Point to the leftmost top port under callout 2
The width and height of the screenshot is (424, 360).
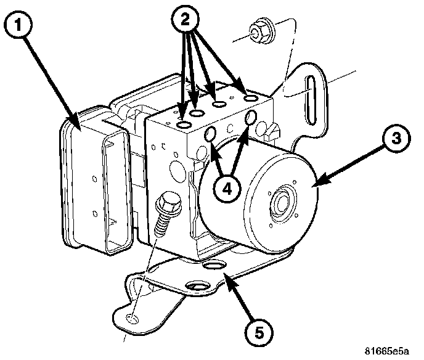pyautogui.click(x=184, y=126)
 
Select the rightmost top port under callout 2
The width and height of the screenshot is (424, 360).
pyautogui.click(x=250, y=97)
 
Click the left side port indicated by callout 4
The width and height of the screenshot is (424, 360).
pyautogui.click(x=210, y=133)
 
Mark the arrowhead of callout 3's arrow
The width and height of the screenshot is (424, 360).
pyautogui.click(x=316, y=182)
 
